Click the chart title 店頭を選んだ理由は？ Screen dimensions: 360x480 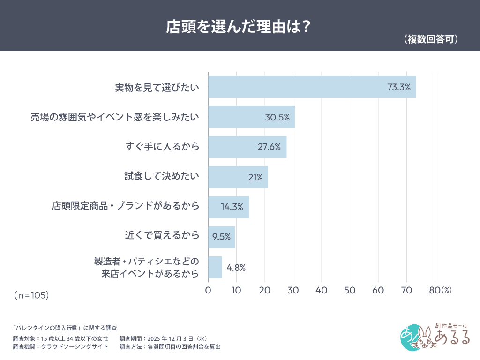pyautogui.click(x=239, y=27)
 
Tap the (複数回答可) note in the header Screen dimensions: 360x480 pyautogui.click(x=430, y=39)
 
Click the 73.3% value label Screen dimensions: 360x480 pyautogui.click(x=398, y=87)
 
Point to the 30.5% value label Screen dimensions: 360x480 pyautogui.click(x=277, y=117)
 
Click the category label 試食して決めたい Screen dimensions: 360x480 pyautogui.click(x=162, y=176)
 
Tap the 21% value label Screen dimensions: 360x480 pyautogui.click(x=255, y=177)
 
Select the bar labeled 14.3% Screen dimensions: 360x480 pyautogui.click(x=228, y=207)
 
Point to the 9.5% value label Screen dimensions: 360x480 pyautogui.click(x=221, y=237)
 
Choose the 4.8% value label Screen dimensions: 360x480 pyautogui.click(x=236, y=268)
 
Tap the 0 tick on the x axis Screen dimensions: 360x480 pyautogui.click(x=208, y=290)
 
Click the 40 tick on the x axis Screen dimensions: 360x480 pyautogui.click(x=322, y=290)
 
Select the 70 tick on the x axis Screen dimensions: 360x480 pyautogui.click(x=406, y=290)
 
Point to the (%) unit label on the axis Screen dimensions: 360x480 pyautogui.click(x=447, y=290)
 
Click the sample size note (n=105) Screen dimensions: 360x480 pyautogui.click(x=31, y=295)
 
